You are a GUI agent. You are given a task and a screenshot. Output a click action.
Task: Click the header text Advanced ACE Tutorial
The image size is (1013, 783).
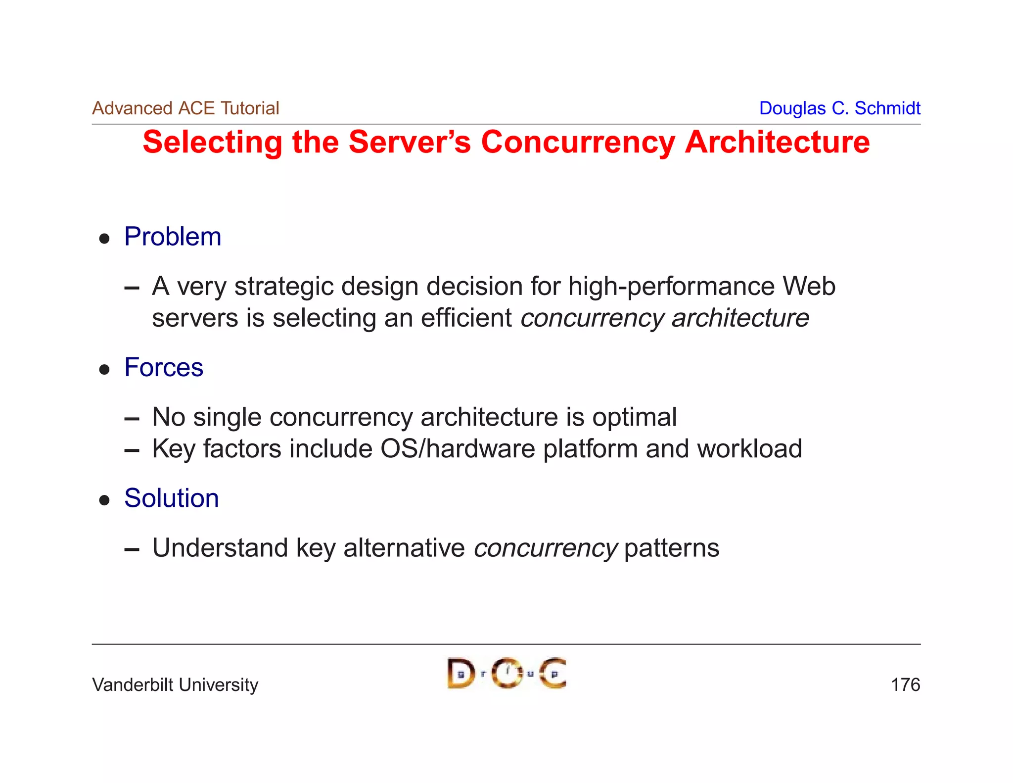(185, 108)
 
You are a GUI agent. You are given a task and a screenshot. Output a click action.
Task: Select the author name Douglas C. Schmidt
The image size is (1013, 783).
(839, 108)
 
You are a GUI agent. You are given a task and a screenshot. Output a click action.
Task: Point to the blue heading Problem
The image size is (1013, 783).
(173, 237)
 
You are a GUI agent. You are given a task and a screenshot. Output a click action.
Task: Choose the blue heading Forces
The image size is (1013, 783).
(164, 367)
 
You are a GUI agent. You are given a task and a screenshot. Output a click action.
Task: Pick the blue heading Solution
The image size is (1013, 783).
(171, 498)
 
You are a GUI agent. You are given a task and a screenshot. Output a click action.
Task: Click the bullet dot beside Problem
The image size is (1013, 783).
(104, 239)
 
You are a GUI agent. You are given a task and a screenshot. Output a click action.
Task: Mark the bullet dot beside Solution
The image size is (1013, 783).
(104, 500)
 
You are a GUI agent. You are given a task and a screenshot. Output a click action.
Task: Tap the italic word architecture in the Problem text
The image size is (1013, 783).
(740, 318)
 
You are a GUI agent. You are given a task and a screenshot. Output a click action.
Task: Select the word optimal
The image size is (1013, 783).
(635, 417)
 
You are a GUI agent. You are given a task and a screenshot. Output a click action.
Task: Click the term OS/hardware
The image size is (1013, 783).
(458, 449)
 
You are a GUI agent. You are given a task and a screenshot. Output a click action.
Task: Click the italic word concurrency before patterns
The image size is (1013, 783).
(545, 548)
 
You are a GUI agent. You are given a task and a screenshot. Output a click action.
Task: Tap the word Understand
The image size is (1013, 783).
(220, 548)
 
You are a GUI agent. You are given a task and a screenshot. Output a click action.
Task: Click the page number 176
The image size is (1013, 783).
(905, 685)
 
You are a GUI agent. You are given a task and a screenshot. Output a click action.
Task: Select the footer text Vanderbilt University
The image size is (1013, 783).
(175, 685)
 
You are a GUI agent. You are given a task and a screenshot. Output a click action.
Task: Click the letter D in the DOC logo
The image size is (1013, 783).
(460, 674)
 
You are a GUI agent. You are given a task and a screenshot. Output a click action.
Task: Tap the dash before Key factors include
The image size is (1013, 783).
(132, 450)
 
